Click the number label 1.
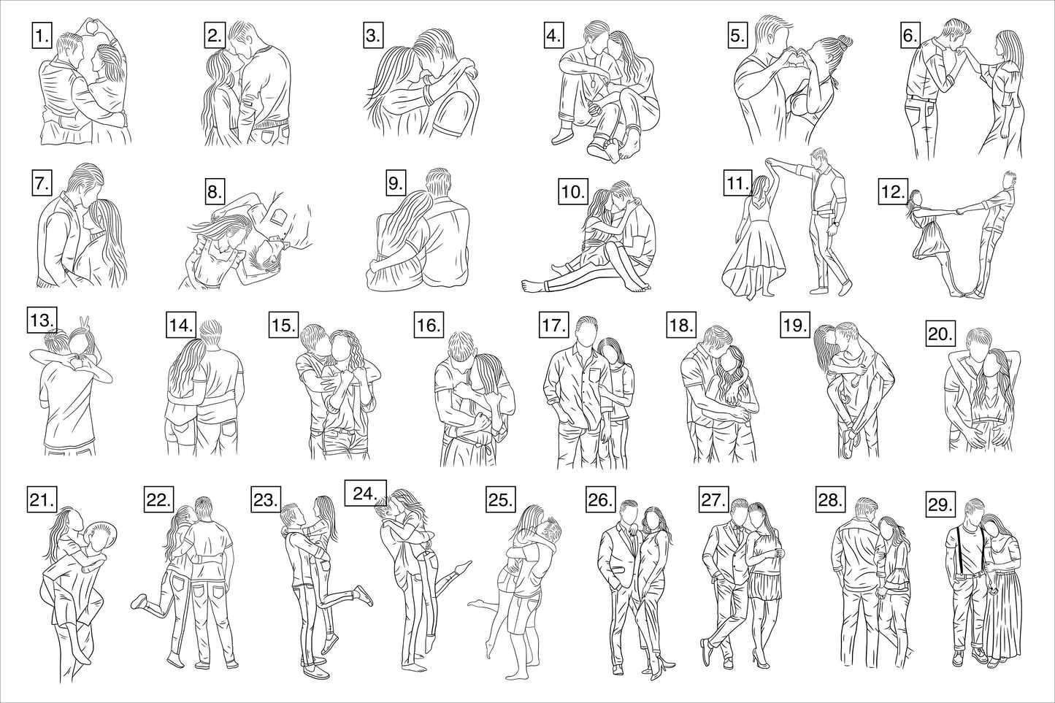click(42, 36)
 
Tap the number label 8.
click(215, 192)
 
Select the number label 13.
click(42, 320)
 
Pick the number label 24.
click(366, 493)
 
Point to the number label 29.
click(940, 504)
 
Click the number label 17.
click(554, 325)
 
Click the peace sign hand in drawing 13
click(85, 323)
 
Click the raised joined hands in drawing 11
click(770, 162)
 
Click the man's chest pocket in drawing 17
click(595, 379)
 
